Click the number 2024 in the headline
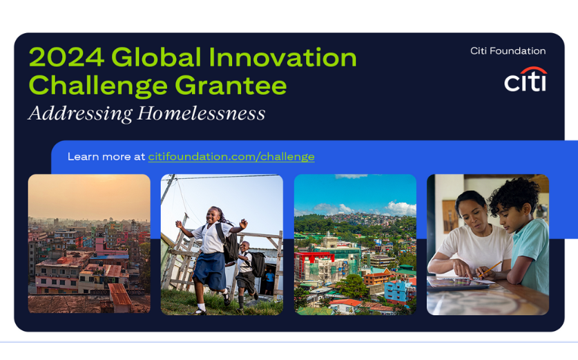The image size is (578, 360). pos(66,57)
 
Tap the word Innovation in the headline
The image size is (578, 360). pos(282,57)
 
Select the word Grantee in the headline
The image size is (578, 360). pos(231,85)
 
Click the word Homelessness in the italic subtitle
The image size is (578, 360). pos(201,113)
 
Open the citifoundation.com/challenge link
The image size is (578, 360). pos(231,157)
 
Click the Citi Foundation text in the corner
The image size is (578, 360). pos(508,51)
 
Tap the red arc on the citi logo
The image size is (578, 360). pos(534,70)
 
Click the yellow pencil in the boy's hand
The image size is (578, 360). pos(490,269)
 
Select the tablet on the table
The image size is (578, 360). pos(457,284)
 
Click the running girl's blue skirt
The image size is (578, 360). pos(210,270)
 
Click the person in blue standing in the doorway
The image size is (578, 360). pos(269,282)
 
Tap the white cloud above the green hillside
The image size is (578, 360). pos(401,209)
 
